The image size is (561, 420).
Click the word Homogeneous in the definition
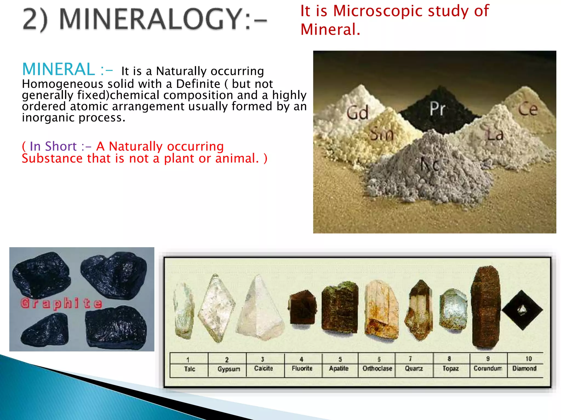pyautogui.click(x=62, y=84)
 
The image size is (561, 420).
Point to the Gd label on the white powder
pyautogui.click(x=357, y=113)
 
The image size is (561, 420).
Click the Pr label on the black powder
pyautogui.click(x=437, y=109)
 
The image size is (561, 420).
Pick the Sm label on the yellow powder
pyautogui.click(x=382, y=134)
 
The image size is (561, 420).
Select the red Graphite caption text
pyautogui.click(x=61, y=304)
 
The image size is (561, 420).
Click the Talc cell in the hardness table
pyautogui.click(x=189, y=369)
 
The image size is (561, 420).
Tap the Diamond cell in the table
pyautogui.click(x=524, y=368)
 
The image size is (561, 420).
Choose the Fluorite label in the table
pyautogui.click(x=302, y=368)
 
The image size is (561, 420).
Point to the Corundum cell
pyautogui.click(x=488, y=368)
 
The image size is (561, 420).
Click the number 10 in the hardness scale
pyautogui.click(x=528, y=358)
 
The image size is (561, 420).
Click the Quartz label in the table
pyautogui.click(x=414, y=368)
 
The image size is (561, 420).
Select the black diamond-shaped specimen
pyautogui.click(x=522, y=310)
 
